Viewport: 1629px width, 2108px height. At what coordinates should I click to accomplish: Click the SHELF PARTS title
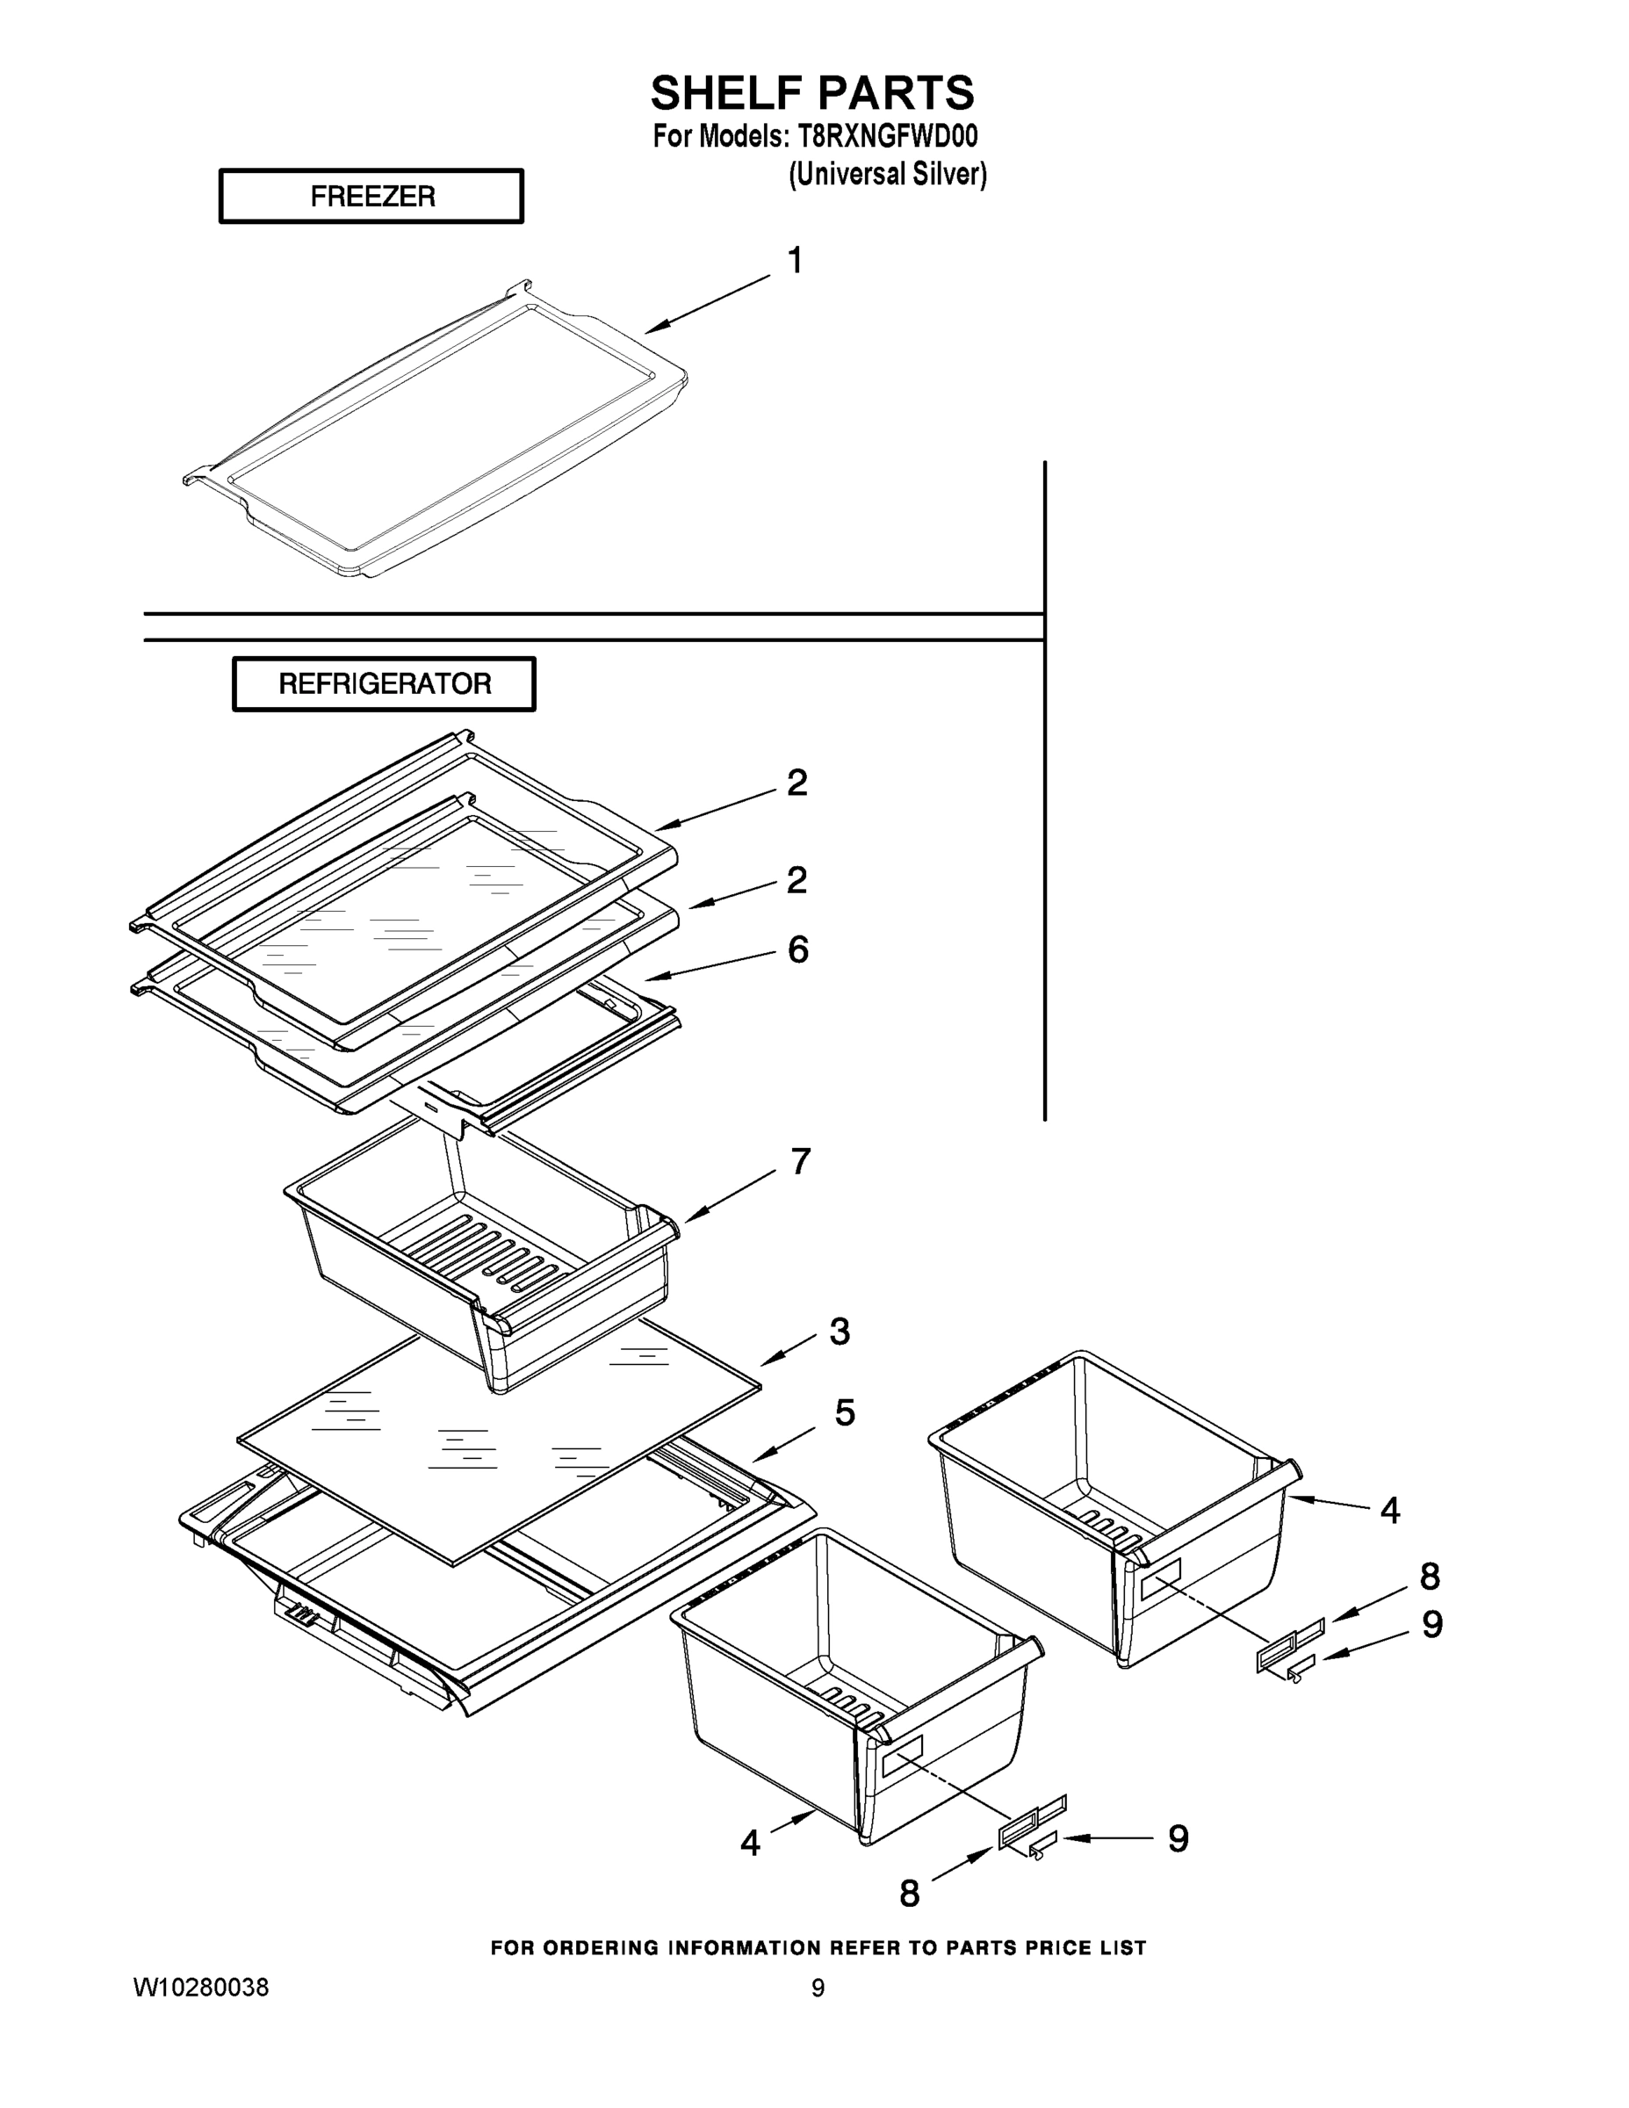[812, 94]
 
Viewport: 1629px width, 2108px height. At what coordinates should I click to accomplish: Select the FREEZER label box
[371, 196]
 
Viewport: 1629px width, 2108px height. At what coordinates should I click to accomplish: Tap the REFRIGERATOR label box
[384, 684]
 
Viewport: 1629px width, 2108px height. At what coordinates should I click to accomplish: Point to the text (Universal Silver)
[887, 174]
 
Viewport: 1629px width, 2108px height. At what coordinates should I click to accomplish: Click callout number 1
[796, 261]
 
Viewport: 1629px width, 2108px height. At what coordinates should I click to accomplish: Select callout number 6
[798, 949]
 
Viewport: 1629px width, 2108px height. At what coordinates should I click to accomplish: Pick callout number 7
[800, 1162]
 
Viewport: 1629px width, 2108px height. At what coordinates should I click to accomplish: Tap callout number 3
[840, 1332]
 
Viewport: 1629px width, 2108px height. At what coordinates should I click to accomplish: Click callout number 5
[845, 1413]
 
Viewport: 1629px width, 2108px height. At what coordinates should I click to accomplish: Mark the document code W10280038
[201, 1988]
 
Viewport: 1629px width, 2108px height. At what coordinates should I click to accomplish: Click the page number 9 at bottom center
[818, 1989]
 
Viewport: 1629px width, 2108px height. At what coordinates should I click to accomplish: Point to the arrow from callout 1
[708, 304]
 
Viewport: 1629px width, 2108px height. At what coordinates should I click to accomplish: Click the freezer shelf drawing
[435, 430]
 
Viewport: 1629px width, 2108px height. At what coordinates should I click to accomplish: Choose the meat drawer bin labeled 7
[482, 1255]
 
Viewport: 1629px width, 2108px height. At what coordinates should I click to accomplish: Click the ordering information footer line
[818, 1948]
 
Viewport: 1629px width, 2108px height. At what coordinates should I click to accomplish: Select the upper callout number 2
[797, 783]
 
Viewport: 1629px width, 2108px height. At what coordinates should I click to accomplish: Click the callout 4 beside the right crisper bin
[1389, 1511]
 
